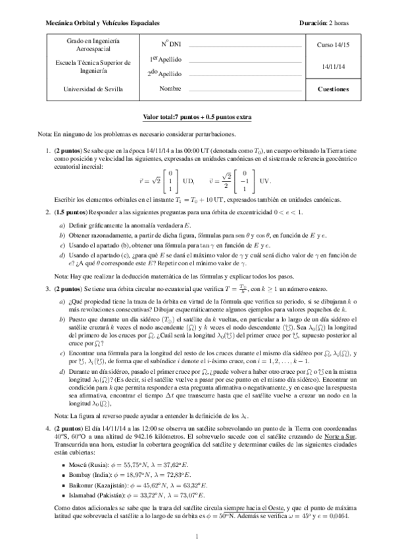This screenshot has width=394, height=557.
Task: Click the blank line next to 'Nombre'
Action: tap(245, 89)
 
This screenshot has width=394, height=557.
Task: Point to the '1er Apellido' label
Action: tap(165, 59)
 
